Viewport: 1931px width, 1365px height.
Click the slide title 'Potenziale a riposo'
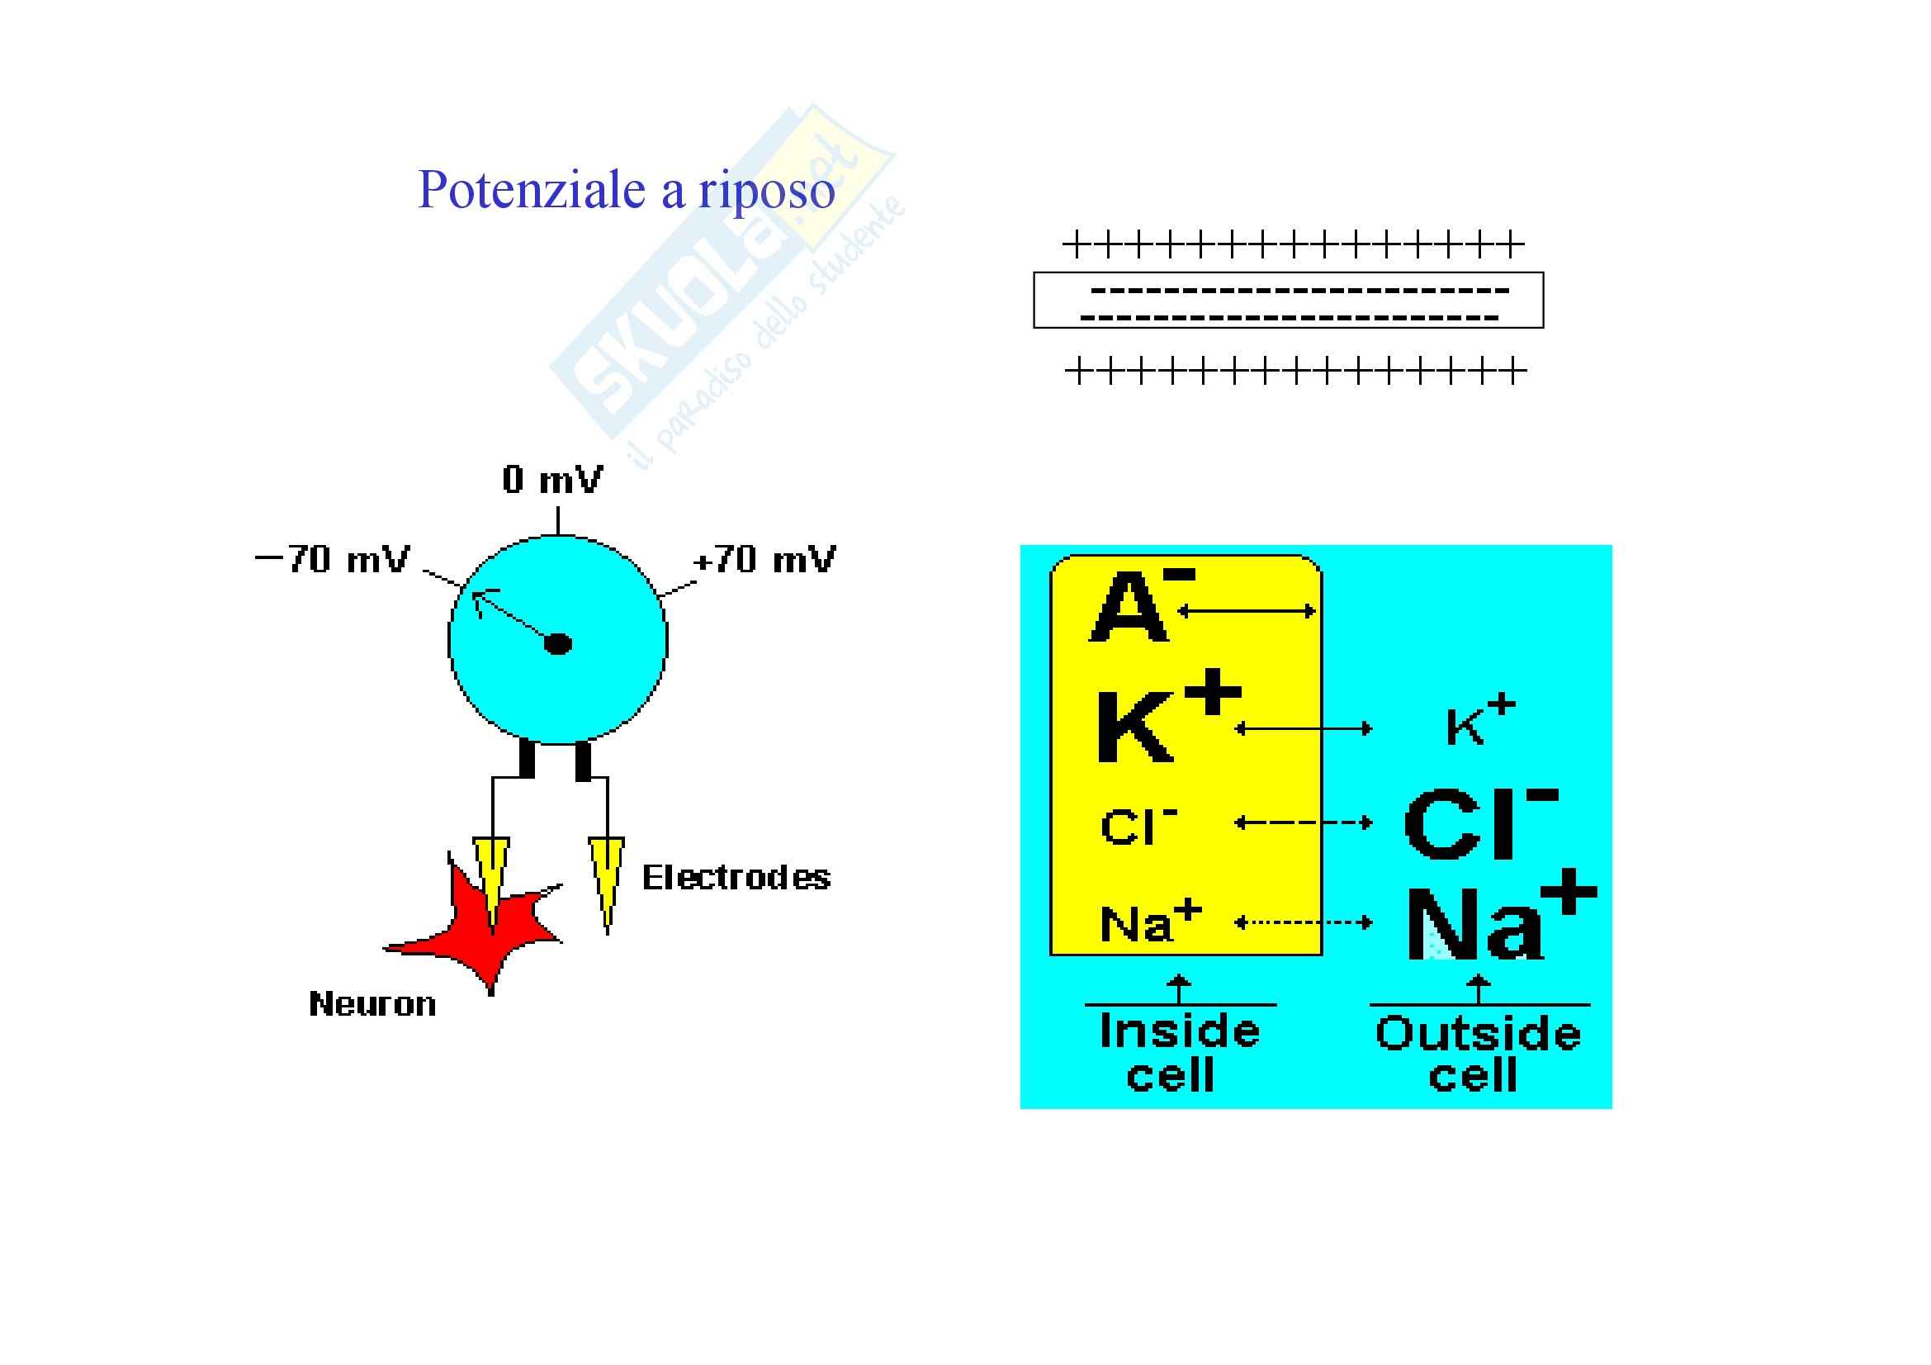point(626,191)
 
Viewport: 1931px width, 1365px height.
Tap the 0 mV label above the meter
point(552,481)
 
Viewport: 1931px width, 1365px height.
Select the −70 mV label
point(333,559)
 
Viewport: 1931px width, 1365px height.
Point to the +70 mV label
point(764,559)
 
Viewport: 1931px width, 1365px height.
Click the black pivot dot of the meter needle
point(558,644)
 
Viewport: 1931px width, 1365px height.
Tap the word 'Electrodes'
point(736,878)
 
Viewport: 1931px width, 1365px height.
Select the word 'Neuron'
point(372,1004)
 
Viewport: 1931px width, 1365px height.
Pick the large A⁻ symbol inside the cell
point(1135,605)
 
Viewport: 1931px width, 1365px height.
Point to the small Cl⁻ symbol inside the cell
point(1137,826)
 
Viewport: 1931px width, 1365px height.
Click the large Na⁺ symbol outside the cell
point(1497,923)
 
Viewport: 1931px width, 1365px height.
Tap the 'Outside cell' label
point(1478,1053)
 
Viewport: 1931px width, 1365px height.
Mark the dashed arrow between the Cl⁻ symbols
point(1304,822)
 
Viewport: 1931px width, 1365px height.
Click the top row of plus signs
point(1294,246)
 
